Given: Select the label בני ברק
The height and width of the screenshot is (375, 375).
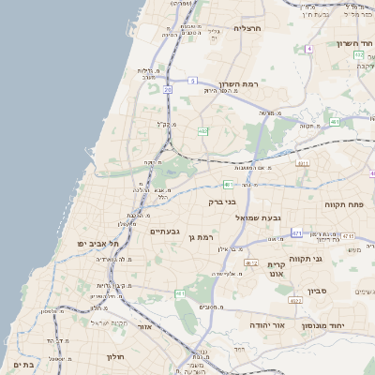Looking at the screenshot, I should [x=222, y=202].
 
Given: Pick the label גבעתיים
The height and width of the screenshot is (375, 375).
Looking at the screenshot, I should [x=165, y=232].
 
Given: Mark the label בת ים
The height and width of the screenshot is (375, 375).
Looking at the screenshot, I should [x=22, y=364].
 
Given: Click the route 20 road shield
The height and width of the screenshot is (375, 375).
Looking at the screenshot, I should [x=168, y=89].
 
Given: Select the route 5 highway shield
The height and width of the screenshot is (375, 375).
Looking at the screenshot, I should [x=191, y=81].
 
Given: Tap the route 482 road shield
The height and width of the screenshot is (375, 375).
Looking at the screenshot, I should [x=202, y=131].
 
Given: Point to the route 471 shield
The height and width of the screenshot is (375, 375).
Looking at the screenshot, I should [x=296, y=232].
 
